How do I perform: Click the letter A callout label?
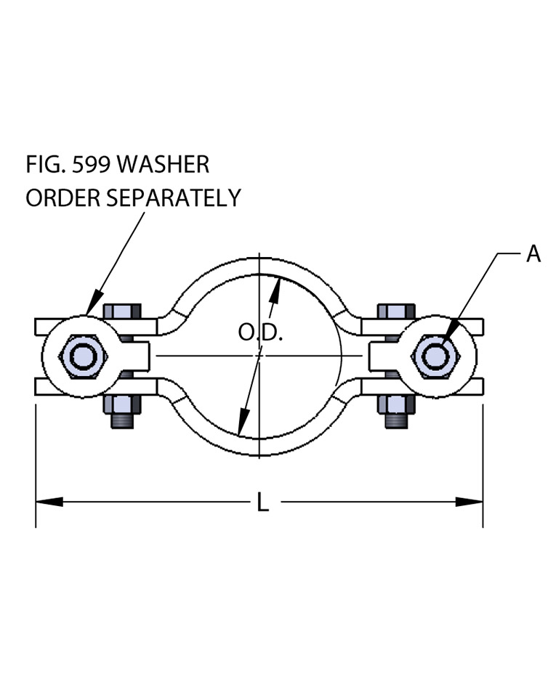pyautogui.click(x=533, y=254)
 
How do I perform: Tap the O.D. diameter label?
pyautogui.click(x=260, y=333)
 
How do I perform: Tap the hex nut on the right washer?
pyautogui.click(x=435, y=356)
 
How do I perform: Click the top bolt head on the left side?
pyautogui.click(x=121, y=311)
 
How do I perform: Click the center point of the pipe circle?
pyautogui.click(x=259, y=356)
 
